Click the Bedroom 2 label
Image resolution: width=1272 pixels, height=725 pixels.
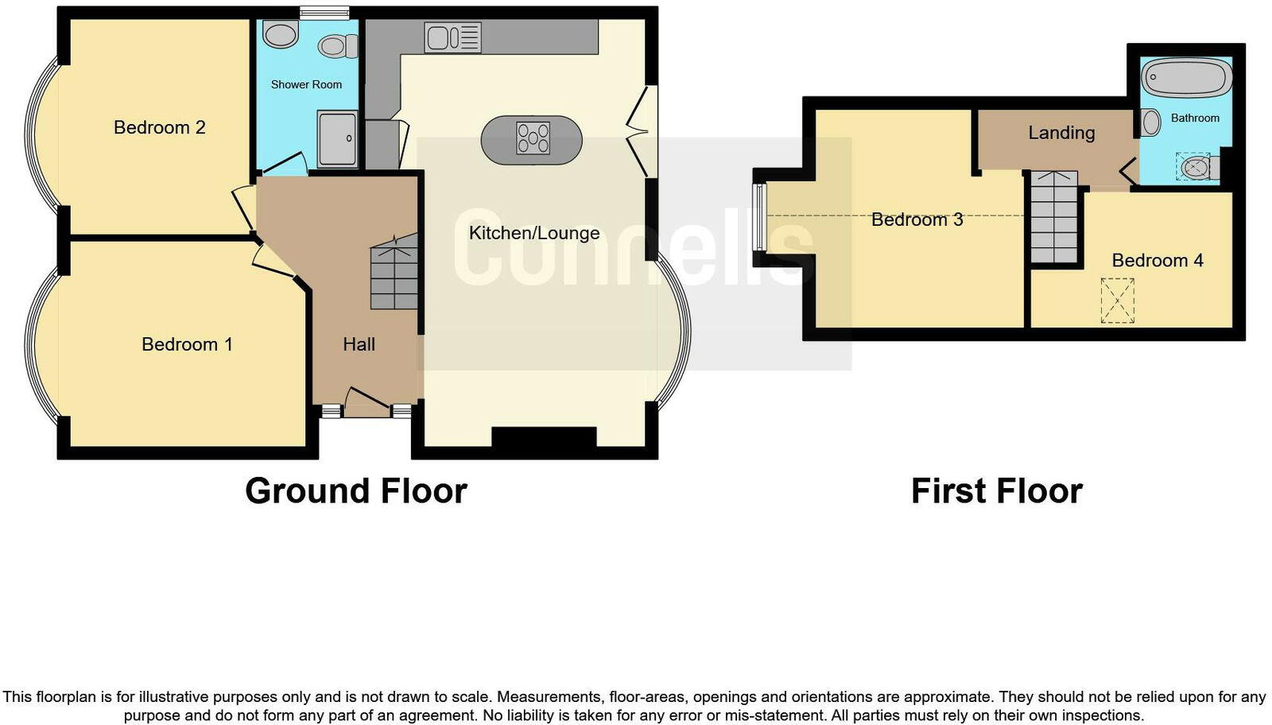point(159,127)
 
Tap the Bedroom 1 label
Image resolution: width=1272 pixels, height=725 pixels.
point(187,344)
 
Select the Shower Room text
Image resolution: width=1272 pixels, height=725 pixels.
point(306,84)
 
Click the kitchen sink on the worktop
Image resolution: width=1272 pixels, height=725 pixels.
point(452,37)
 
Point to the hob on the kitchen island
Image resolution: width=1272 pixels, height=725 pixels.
point(533,138)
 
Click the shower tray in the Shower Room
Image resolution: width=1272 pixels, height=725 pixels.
point(338,139)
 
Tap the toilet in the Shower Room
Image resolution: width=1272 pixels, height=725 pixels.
point(337,46)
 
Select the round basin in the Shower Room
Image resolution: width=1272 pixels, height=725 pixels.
point(280,34)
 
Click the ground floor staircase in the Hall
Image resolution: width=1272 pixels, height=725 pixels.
point(394,274)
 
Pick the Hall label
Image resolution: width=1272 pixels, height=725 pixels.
point(359,344)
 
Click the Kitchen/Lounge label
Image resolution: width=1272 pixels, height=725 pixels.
point(534,233)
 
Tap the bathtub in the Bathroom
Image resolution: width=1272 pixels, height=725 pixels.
point(1187,79)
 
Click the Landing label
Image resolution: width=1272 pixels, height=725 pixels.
point(1061,133)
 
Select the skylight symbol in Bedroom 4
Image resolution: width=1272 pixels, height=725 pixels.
point(1117,300)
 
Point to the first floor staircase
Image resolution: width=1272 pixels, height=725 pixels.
point(1054,219)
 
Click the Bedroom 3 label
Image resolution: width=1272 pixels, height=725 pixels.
point(917,219)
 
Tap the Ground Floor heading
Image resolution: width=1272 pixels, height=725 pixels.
point(355,490)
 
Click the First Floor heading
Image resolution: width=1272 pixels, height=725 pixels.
point(996,490)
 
